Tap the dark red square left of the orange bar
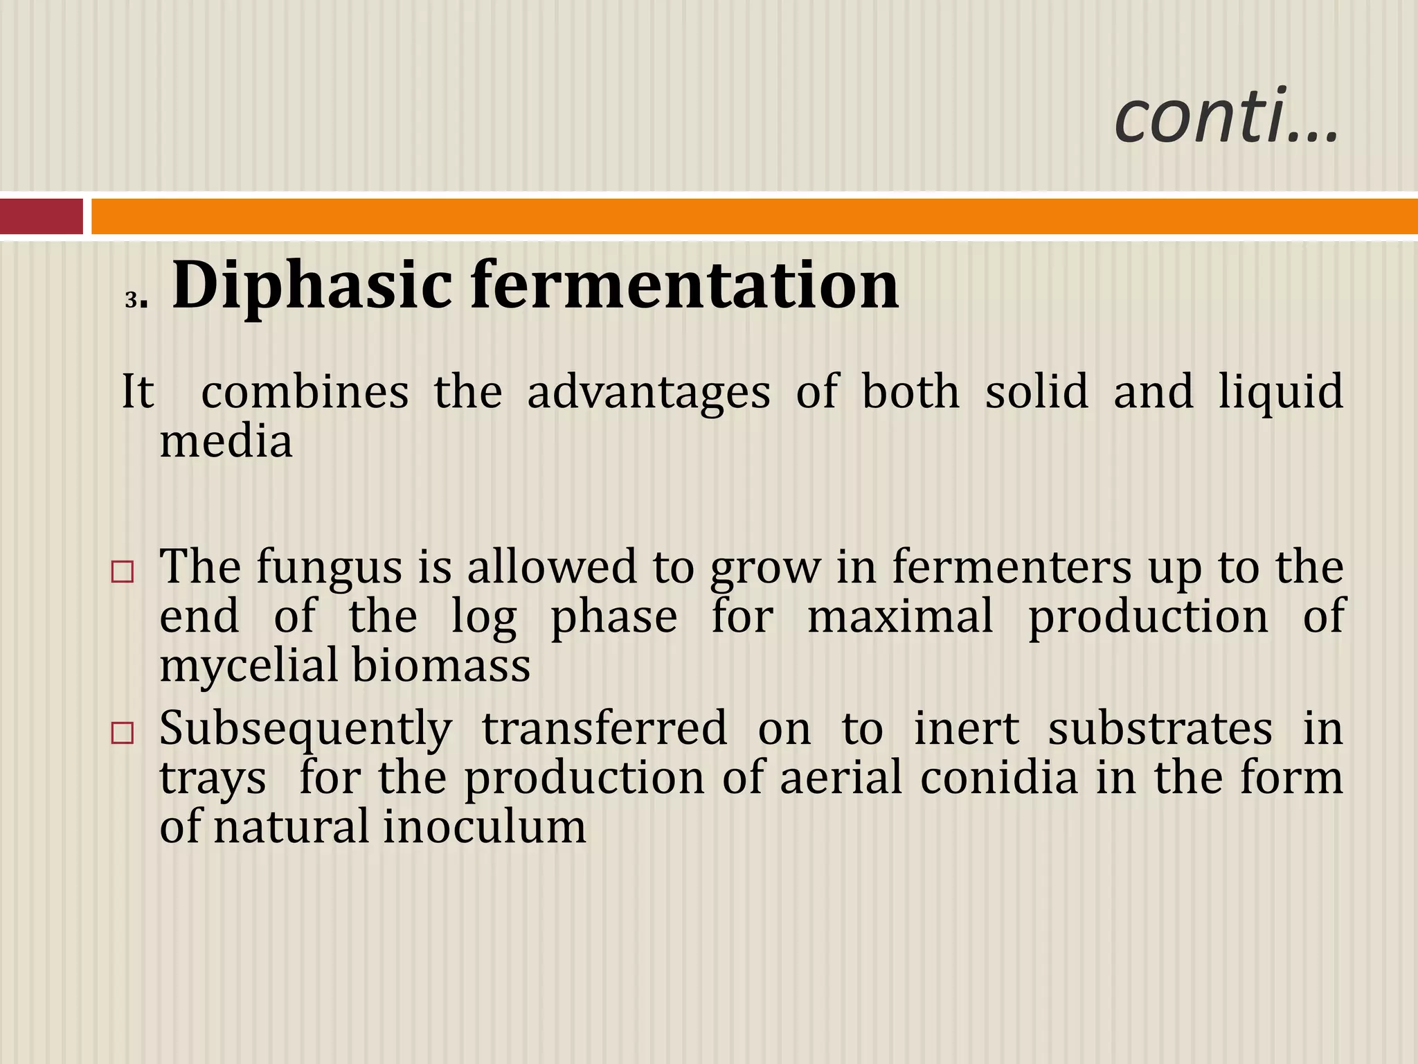point(41,216)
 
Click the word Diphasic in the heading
point(311,285)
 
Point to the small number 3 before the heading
point(131,301)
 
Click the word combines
point(305,392)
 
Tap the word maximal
point(900,617)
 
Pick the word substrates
point(1160,729)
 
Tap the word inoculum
point(484,827)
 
